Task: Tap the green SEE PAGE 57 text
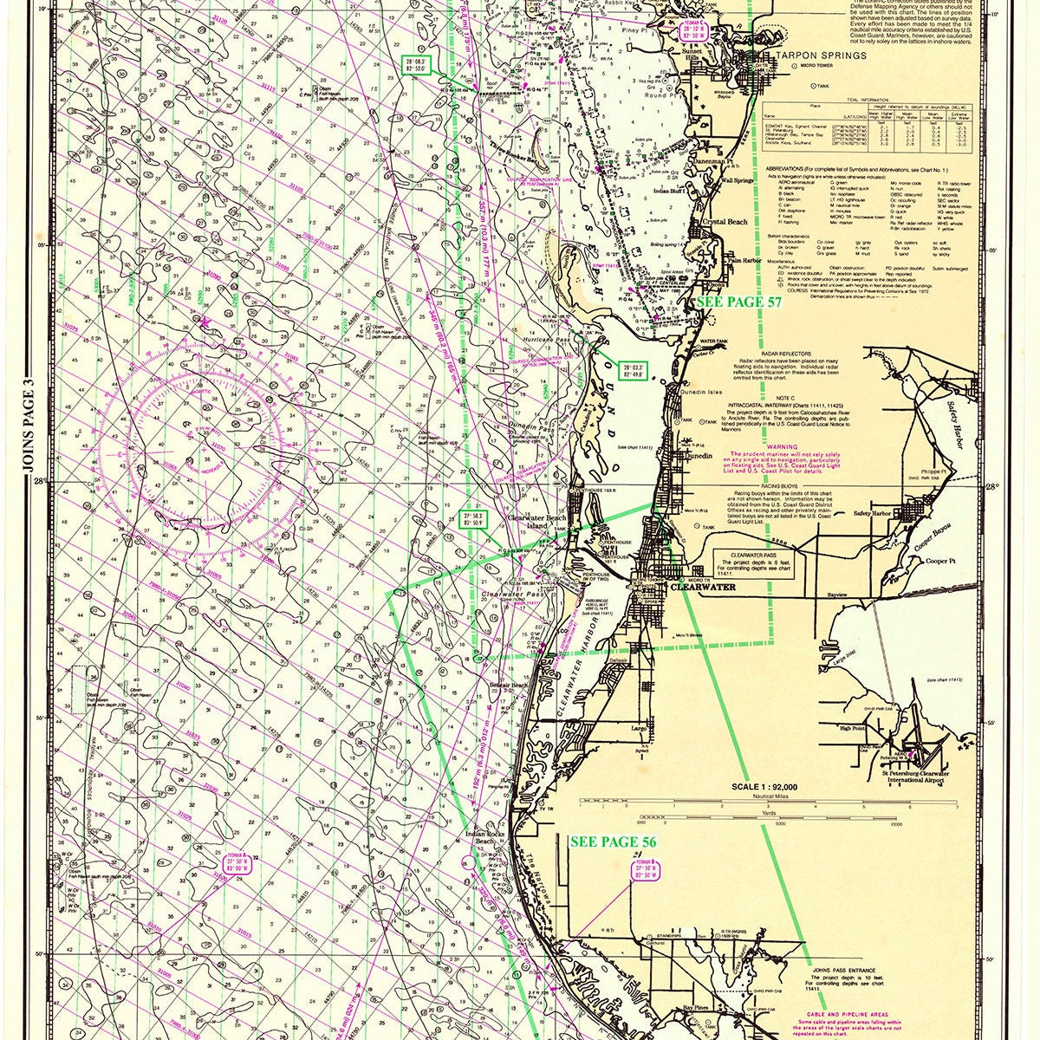point(740,302)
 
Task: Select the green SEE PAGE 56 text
point(612,842)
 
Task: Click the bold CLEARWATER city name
point(703,587)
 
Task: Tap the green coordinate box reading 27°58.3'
point(472,517)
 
